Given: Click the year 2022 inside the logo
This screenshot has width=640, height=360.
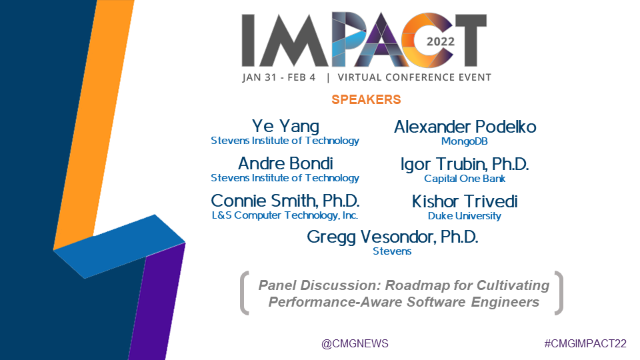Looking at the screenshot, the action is [x=441, y=41].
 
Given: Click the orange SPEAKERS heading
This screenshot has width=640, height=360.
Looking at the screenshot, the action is [x=366, y=99].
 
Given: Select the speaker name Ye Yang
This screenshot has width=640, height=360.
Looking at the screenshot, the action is [x=285, y=126].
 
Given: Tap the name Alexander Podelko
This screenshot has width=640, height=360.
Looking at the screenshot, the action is [x=465, y=127].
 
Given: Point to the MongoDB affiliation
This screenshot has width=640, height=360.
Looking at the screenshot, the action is [x=465, y=141].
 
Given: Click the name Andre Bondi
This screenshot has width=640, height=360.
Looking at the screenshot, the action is [x=285, y=163].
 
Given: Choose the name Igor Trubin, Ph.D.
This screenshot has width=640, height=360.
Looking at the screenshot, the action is [x=465, y=164].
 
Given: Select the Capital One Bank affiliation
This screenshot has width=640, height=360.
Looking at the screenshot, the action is [x=465, y=179].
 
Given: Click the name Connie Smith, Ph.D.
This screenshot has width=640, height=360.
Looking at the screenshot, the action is [x=285, y=201].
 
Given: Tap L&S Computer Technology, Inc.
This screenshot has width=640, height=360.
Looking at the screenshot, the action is [x=285, y=215].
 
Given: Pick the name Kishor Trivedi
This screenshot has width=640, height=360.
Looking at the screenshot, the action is [x=465, y=201].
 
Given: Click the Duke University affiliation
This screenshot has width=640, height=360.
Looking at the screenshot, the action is [x=465, y=216].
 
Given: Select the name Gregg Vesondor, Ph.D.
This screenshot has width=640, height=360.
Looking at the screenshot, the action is [x=392, y=237].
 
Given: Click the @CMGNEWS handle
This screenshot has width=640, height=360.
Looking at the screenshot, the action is [x=355, y=344].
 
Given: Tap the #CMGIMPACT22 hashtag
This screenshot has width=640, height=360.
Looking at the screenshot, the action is [x=585, y=344].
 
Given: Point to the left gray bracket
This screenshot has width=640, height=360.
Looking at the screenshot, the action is [x=244, y=293].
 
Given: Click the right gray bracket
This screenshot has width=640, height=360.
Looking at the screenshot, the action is [x=559, y=293].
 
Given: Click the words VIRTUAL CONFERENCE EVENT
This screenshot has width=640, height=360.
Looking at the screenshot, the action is [x=414, y=77].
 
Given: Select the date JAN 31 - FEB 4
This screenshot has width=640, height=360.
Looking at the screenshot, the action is [x=279, y=77].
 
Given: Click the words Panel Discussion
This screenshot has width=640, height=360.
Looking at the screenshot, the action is [x=320, y=285].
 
